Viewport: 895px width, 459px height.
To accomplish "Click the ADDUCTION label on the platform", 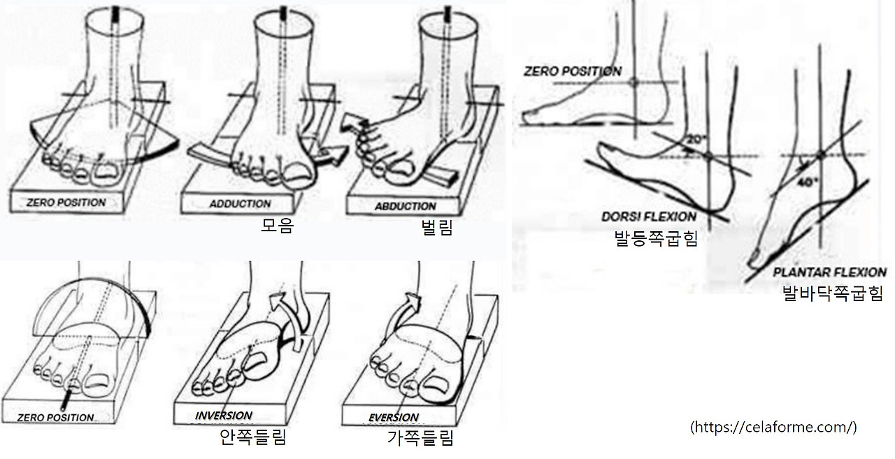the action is (x=240, y=204).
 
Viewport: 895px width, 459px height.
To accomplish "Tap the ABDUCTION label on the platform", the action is (x=405, y=206).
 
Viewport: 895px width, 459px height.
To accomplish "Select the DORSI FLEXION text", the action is (x=649, y=217).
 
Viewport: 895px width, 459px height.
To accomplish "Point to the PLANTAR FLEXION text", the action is (x=830, y=272).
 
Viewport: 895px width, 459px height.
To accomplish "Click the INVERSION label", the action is (x=223, y=416).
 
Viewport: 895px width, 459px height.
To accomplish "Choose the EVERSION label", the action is (x=394, y=418).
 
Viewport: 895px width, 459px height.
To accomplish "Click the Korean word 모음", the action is (x=278, y=226).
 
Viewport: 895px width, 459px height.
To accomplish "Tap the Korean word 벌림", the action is (x=437, y=228).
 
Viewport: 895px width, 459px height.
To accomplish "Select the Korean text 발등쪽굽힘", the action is (x=656, y=239).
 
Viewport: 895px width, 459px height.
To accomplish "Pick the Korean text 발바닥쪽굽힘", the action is (x=833, y=293).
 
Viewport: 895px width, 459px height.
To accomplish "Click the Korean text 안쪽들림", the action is (x=253, y=437).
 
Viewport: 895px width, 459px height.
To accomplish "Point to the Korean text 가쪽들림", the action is (x=421, y=438).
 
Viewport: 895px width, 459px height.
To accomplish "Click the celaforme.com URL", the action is (x=773, y=427).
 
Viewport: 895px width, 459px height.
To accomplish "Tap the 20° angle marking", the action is (x=697, y=140).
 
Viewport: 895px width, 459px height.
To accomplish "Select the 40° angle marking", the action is (x=808, y=182).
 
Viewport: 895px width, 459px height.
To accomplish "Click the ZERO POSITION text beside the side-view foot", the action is (x=573, y=71).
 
